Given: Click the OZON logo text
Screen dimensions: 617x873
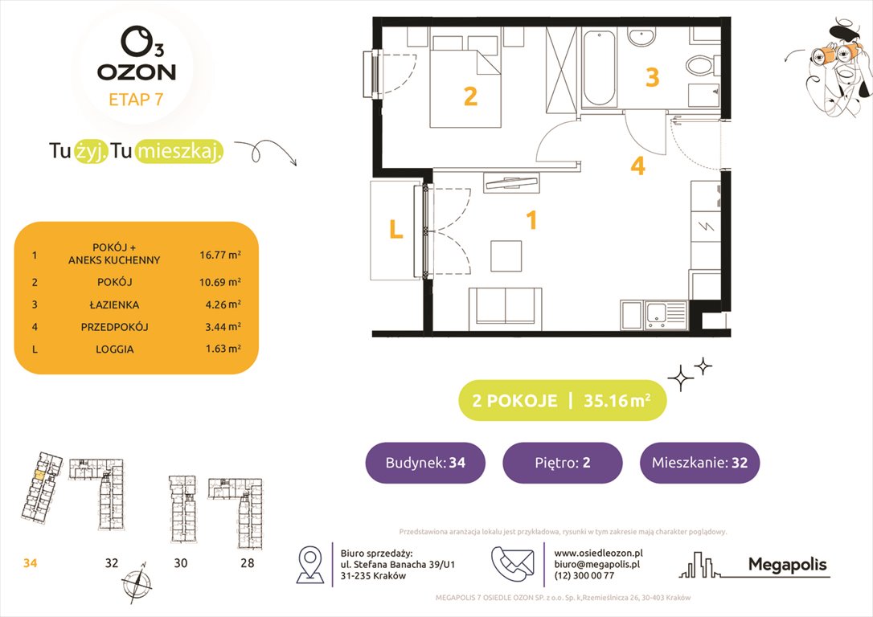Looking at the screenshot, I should pyautogui.click(x=136, y=72).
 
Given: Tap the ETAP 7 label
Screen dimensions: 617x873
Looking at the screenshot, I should pyautogui.click(x=136, y=100).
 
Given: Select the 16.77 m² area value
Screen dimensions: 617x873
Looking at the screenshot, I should pyautogui.click(x=220, y=255).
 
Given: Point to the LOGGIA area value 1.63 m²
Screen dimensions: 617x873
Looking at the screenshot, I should pyautogui.click(x=220, y=349).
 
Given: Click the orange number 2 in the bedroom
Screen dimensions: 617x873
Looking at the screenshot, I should pyautogui.click(x=470, y=97).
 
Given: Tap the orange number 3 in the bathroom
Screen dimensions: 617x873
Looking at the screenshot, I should pyautogui.click(x=653, y=77).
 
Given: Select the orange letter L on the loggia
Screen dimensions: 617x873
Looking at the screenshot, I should pyautogui.click(x=396, y=231).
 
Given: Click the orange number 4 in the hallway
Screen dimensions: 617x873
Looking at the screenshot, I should pyautogui.click(x=637, y=166).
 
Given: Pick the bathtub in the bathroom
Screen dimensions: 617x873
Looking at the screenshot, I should pyautogui.click(x=599, y=68).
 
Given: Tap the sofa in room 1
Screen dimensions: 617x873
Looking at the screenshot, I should pyautogui.click(x=498, y=307).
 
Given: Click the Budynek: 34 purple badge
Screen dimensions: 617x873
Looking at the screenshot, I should pyautogui.click(x=425, y=463).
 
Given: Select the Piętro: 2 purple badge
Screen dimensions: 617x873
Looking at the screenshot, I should pyautogui.click(x=562, y=463).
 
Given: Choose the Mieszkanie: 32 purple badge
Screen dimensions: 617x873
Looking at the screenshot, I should pyautogui.click(x=699, y=463).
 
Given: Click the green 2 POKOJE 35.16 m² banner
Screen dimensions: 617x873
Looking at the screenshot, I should pyautogui.click(x=562, y=401).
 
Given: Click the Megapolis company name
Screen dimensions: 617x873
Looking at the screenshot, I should pyautogui.click(x=787, y=565).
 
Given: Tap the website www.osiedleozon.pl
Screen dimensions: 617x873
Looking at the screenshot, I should pyautogui.click(x=598, y=553).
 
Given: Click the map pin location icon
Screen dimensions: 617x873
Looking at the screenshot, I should pyautogui.click(x=309, y=564).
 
